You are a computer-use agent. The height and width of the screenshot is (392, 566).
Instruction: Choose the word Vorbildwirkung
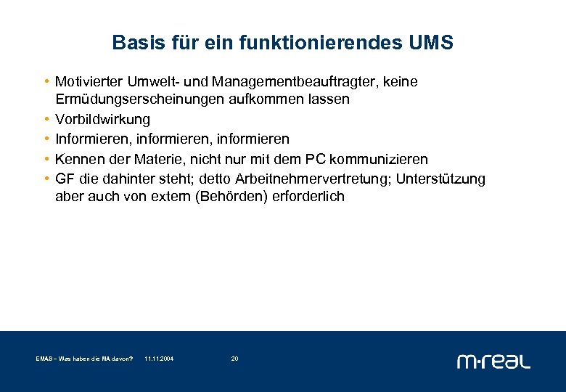(102, 119)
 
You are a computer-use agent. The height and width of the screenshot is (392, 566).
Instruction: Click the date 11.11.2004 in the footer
(159, 359)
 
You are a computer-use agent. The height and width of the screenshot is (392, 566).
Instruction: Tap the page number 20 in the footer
(234, 359)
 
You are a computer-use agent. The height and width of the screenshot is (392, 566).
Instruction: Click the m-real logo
(493, 361)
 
